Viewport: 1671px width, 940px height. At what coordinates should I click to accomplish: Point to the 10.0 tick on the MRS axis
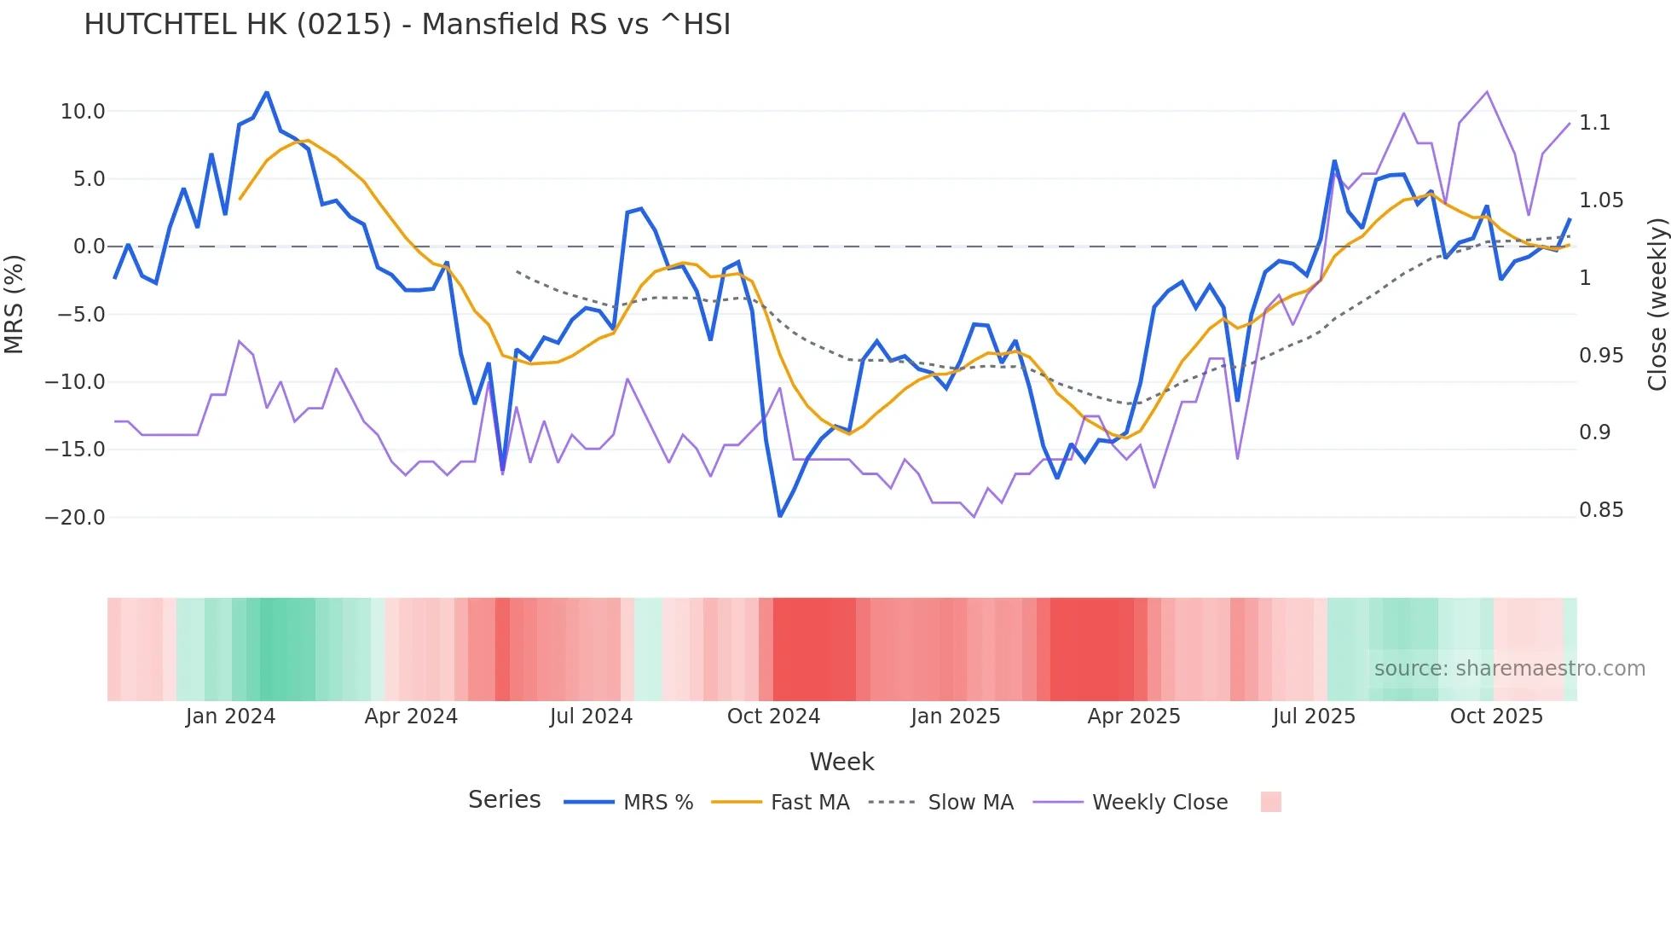pos(83,112)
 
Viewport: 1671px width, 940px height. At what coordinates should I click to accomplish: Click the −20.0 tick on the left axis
pos(75,518)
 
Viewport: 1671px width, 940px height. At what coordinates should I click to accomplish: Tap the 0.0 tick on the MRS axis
pos(89,247)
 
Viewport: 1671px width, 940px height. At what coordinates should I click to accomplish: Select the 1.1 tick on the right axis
pos(1594,123)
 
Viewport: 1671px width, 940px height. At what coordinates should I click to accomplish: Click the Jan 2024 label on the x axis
pos(230,717)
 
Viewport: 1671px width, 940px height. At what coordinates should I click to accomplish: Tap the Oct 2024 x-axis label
pos(773,717)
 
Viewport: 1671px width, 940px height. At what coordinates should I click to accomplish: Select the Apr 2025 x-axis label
pos(1134,717)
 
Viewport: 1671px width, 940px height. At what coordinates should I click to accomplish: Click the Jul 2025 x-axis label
pos(1314,717)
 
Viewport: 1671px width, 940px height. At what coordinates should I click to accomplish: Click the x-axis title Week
pos(841,762)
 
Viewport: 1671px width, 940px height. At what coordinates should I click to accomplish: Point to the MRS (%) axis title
pos(14,304)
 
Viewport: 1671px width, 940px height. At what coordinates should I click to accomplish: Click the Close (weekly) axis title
pos(1657,304)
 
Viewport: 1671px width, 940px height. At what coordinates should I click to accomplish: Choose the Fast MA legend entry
pos(809,803)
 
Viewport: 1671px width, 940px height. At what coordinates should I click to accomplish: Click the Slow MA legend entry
pos(970,803)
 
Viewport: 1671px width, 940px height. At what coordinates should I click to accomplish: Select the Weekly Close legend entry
pos(1159,803)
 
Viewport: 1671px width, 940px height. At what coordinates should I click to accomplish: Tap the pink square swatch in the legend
pos(1270,802)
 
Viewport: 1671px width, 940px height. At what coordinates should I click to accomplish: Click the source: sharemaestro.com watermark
pos(1509,669)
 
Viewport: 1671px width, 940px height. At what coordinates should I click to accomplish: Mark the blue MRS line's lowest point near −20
pos(779,516)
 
